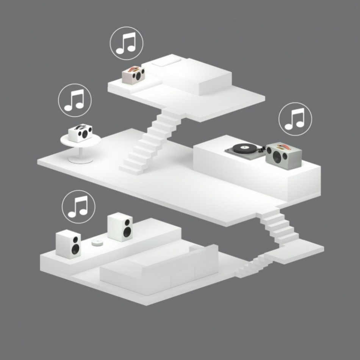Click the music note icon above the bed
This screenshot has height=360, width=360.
pos(126,42)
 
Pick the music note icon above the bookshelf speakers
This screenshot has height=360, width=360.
pos(78,207)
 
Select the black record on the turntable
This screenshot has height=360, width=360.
pos(244,147)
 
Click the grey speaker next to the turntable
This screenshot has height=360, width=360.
pos(284,155)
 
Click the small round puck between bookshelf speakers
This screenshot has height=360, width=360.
pos(97,243)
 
